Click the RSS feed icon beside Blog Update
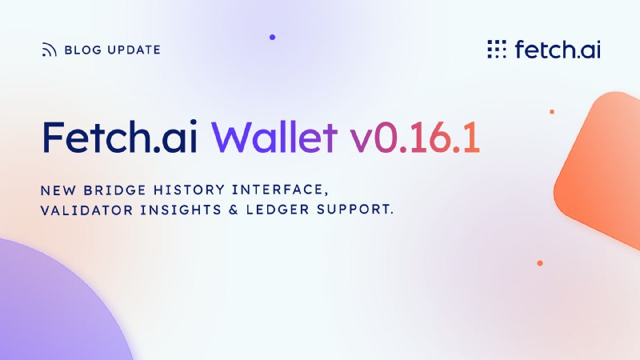pos(49,50)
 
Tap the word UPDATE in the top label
pos(134,50)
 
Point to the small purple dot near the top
pos(272,37)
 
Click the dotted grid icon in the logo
pos(497,49)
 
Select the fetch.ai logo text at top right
pos(558,49)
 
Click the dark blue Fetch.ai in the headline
pos(119,137)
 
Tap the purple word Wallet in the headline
pos(274,137)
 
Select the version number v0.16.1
pos(414,137)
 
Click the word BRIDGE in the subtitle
pos(114,190)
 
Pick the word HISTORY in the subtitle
pos(189,190)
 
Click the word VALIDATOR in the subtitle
pos(86,210)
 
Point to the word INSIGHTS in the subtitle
pos(181,210)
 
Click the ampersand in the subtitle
pos(234,210)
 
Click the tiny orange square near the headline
pos(552,111)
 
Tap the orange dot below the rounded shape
pos(540,263)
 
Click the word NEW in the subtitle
pos(58,190)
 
